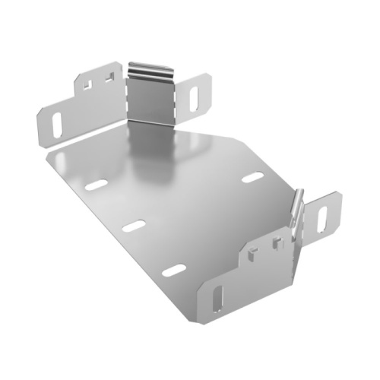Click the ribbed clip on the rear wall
point(149,69)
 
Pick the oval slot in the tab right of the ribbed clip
point(195,96)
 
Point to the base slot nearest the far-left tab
point(96,185)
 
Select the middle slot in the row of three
point(135,226)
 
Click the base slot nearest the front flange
point(173,270)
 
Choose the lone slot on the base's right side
point(253,178)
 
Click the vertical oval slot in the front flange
point(218,299)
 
